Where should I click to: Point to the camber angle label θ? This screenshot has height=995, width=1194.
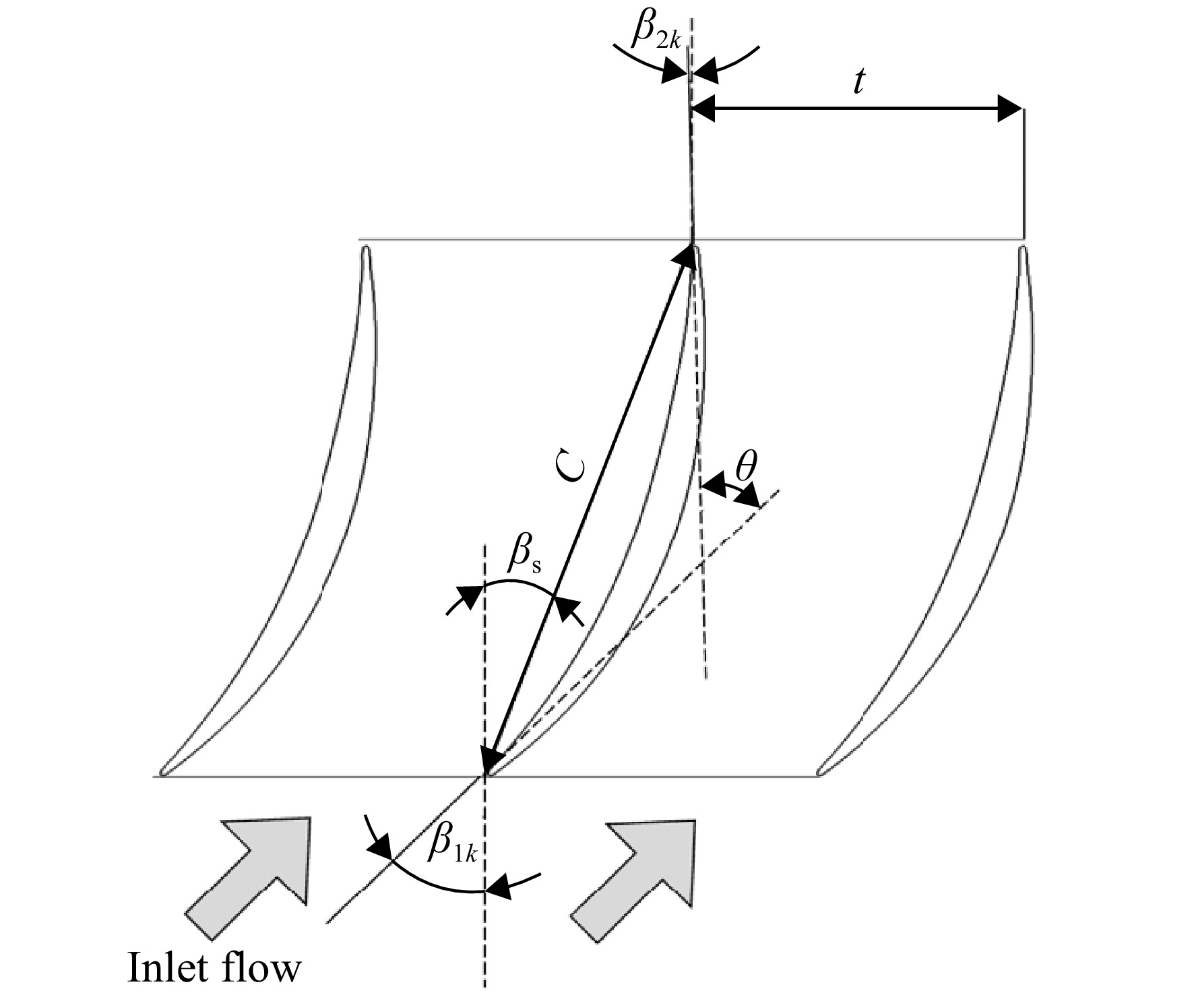745,466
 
